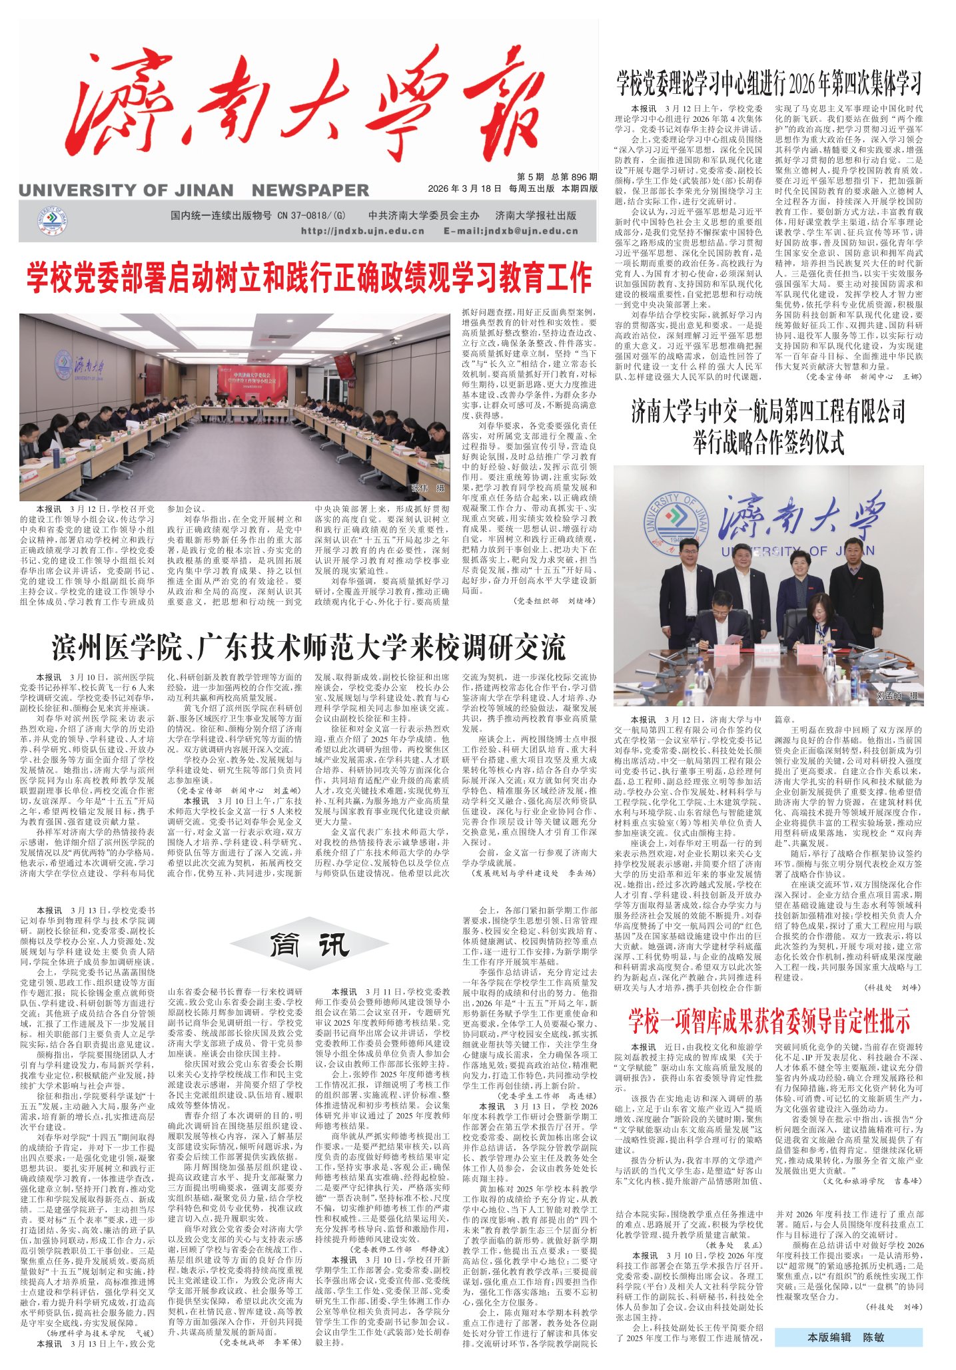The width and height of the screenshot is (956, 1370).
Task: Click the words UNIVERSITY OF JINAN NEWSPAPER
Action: click(x=193, y=190)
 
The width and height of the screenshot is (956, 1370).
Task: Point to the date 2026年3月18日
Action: click(x=464, y=188)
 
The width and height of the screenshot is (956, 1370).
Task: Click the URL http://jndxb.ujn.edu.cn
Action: click(x=362, y=231)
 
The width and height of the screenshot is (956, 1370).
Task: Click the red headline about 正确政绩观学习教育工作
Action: click(x=308, y=278)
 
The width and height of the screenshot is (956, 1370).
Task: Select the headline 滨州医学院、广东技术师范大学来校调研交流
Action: click(x=308, y=646)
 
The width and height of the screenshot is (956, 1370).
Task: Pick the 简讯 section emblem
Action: click(x=308, y=943)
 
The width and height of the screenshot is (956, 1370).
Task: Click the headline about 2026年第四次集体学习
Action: click(x=769, y=85)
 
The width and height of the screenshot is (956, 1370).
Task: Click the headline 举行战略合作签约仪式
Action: click(x=769, y=441)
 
